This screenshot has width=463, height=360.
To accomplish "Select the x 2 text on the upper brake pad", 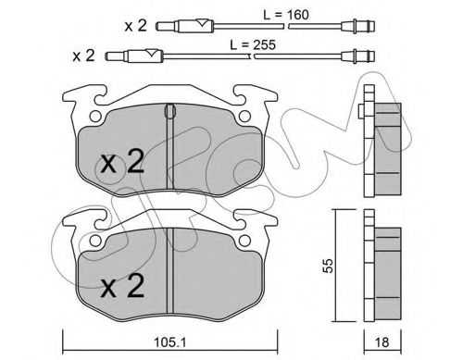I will click(121, 164).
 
